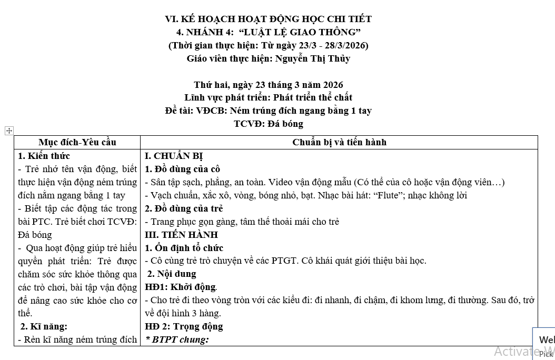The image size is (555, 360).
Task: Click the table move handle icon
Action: tap(9, 131)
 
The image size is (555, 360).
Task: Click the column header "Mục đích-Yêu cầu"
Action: tap(77, 142)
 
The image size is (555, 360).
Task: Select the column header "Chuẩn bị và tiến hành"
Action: tap(339, 142)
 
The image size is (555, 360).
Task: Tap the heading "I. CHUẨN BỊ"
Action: tap(174, 156)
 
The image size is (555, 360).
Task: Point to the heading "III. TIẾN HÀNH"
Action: tap(181, 235)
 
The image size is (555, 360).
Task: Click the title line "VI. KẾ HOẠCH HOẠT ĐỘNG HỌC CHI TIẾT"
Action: tap(268, 19)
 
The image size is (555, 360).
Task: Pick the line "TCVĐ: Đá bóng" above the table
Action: tap(268, 124)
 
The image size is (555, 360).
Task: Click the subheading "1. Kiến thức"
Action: tap(44, 156)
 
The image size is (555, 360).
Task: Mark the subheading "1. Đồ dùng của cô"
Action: tap(182, 169)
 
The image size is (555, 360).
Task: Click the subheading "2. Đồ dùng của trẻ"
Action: tap(184, 208)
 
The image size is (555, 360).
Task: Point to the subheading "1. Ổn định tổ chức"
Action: tap(184, 248)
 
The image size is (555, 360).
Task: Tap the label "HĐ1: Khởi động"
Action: tap(181, 287)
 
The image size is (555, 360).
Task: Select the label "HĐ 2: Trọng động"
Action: tap(184, 326)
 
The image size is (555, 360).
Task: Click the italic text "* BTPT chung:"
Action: tap(177, 339)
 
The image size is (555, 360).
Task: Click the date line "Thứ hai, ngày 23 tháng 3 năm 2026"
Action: tap(268, 85)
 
